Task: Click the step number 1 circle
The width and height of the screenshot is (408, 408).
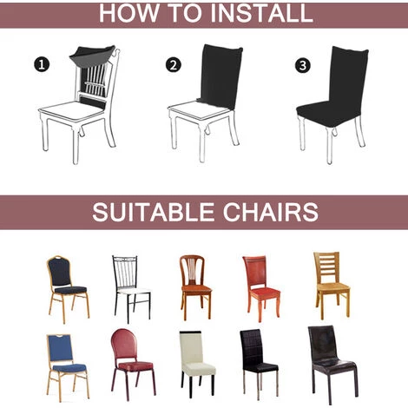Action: coord(42,64)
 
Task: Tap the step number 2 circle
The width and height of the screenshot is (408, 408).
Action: coord(174,65)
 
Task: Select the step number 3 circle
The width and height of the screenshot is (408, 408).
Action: coord(303,65)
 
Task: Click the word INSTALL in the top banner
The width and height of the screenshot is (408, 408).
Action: coord(261,13)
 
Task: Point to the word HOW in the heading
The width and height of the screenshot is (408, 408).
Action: coord(129,13)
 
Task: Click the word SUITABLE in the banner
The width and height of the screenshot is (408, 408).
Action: coord(154,212)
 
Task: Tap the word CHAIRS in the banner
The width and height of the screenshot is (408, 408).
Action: coord(271,212)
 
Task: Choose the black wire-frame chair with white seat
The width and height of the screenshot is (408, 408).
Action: coord(131,289)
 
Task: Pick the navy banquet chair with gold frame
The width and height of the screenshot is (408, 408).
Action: coord(69,289)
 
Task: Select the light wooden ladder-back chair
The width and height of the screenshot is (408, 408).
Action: coord(332,286)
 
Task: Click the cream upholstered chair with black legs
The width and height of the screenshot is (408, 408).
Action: coord(197,364)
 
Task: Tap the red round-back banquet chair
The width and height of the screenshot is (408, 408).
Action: coord(133,364)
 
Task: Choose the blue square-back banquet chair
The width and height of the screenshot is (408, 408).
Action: coord(68,367)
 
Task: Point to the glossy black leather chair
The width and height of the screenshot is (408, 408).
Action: coord(332,365)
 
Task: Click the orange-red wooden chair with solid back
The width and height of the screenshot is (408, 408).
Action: coord(261,289)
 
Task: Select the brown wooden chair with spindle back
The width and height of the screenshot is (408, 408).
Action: coord(195,287)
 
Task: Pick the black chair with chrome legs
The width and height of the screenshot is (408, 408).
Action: coord(259,365)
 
